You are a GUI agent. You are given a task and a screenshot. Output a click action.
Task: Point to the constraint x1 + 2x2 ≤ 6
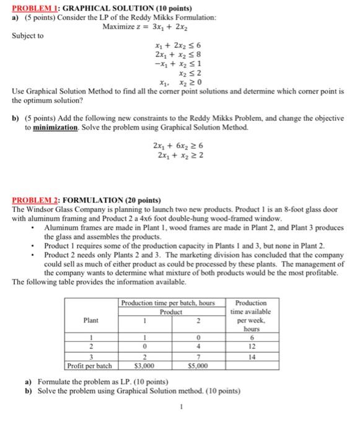click(x=178, y=46)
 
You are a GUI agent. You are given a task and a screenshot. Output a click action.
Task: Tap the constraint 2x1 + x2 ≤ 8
click(x=178, y=55)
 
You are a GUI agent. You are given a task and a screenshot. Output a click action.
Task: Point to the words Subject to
click(x=28, y=36)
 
